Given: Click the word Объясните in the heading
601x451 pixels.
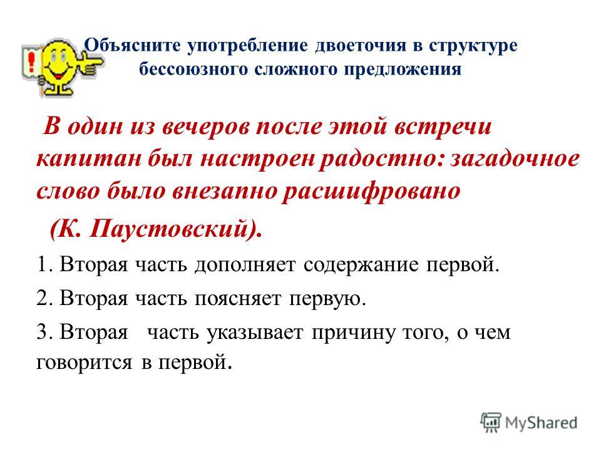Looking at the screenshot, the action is (132, 46).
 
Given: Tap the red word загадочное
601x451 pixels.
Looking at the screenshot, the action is (515, 158).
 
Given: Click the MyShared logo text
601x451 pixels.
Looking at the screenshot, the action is (541, 423).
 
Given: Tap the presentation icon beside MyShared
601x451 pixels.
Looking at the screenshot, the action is (491, 422).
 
